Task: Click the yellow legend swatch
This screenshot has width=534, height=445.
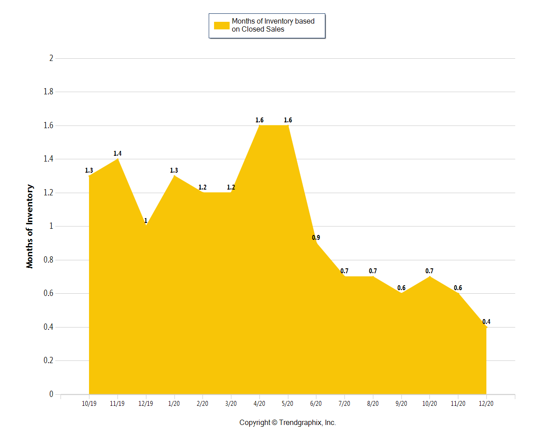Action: [x=222, y=25]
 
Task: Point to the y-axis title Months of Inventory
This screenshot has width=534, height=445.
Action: [x=30, y=226]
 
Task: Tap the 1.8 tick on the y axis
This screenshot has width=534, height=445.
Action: [x=48, y=92]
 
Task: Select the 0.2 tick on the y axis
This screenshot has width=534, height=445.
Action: [x=48, y=360]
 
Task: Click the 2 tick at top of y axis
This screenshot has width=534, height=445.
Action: [x=51, y=58]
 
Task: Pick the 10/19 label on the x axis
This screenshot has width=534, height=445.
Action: [x=89, y=404]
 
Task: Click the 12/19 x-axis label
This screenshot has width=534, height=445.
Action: [x=146, y=404]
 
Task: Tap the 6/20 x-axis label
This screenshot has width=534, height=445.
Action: [x=316, y=404]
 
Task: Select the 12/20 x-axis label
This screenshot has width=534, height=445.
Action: [x=486, y=404]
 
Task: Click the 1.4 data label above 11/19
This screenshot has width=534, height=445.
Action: [x=117, y=154]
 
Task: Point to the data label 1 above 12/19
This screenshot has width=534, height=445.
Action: [x=146, y=221]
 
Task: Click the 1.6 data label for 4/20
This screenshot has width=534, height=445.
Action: [x=259, y=120]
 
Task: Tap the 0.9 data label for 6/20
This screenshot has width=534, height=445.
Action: [x=316, y=238]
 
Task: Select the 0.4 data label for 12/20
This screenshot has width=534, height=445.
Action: [x=486, y=322]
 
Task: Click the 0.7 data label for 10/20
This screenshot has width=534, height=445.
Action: [x=429, y=271]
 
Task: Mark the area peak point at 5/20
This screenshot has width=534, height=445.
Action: [x=288, y=125]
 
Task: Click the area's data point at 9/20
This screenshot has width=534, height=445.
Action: [x=401, y=293]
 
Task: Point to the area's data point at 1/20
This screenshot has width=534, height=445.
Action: [x=174, y=176]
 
